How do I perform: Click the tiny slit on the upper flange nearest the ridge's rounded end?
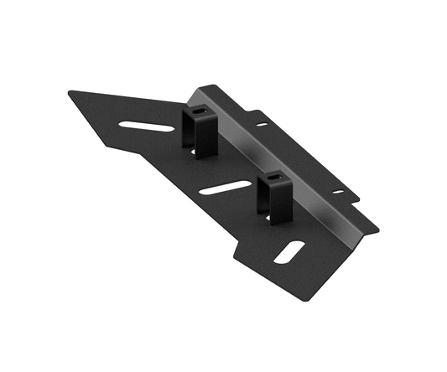(x=262, y=124)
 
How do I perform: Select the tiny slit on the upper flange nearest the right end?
(x=338, y=192)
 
